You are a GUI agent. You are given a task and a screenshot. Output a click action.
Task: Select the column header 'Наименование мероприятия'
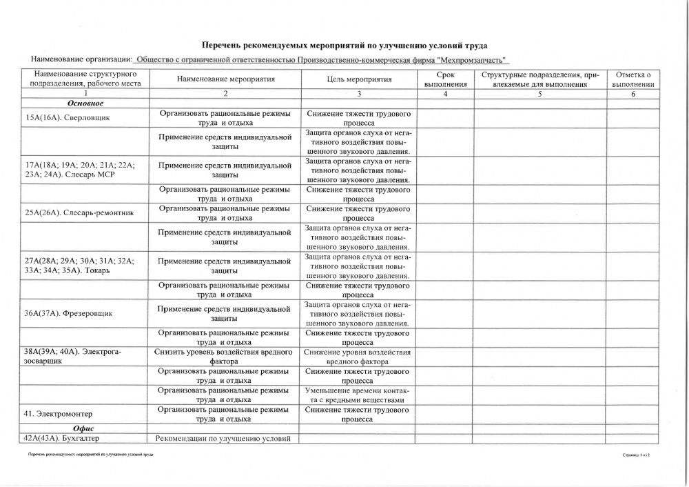(225, 79)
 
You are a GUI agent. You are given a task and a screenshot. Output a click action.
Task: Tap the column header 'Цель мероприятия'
(359, 79)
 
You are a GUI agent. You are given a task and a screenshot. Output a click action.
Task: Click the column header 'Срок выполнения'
(445, 79)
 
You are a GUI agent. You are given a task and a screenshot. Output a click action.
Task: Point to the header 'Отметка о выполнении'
(633, 79)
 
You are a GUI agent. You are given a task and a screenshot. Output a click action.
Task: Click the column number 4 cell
(445, 94)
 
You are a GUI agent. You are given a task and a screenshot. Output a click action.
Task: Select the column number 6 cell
(633, 94)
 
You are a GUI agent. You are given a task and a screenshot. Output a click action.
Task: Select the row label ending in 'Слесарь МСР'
(79, 170)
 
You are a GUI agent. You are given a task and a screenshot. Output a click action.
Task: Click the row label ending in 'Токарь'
(79, 266)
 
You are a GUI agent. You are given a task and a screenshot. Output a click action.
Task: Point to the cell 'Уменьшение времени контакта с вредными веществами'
(358, 395)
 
